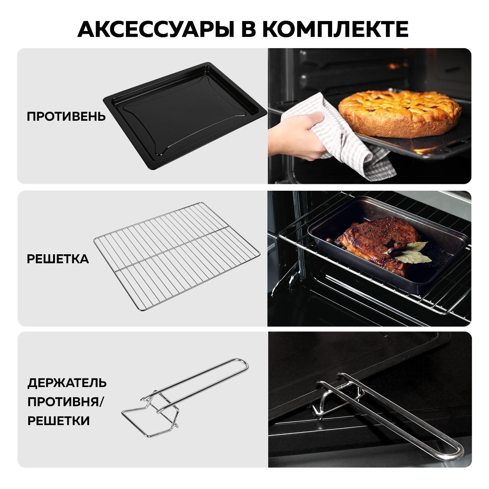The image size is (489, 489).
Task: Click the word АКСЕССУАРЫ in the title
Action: coord(156,29)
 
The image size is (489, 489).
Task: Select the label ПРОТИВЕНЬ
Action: coord(66,117)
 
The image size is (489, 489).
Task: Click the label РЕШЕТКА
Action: coord(58,259)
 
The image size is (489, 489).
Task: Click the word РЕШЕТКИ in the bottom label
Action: coord(59,421)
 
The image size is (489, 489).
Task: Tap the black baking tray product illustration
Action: coord(185,115)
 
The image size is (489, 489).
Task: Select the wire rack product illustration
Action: coord(177,256)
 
